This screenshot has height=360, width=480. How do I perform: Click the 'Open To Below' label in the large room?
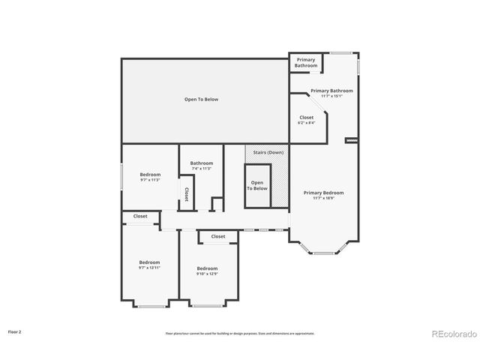(201, 99)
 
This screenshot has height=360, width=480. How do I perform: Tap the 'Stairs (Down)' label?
(268, 152)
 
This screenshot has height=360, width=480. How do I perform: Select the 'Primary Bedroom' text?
(323, 193)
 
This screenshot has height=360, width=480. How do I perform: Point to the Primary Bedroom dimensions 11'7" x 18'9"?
(323, 199)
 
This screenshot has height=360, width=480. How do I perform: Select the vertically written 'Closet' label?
(186, 194)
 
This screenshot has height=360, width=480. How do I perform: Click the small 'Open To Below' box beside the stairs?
(258, 185)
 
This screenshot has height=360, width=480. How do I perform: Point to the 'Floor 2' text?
(15, 331)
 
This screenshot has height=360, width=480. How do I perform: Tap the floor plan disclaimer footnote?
(240, 333)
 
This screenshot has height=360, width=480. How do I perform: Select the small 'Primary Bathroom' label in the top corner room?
(305, 62)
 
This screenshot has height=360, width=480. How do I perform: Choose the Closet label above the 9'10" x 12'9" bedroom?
(217, 236)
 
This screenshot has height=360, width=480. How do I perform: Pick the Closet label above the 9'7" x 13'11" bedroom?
(140, 217)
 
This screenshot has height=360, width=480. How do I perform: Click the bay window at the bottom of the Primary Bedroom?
(323, 252)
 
